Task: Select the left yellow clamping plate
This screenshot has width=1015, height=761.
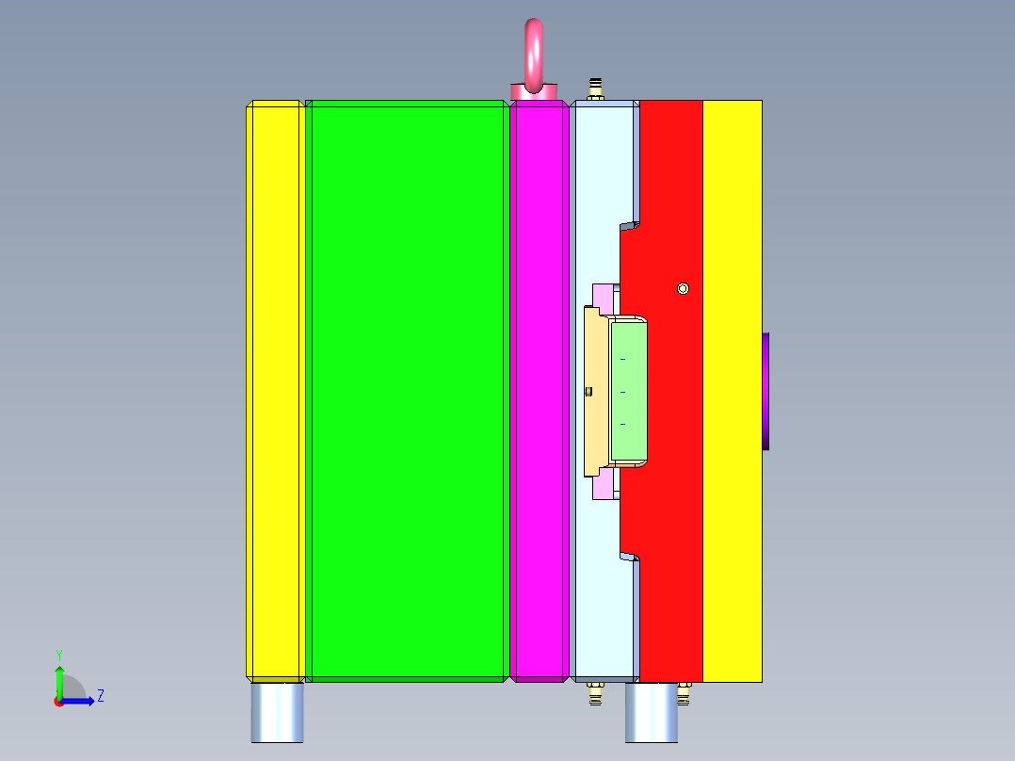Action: click(274, 391)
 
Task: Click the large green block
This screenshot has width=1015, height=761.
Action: click(407, 391)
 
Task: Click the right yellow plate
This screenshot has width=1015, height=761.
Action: click(733, 391)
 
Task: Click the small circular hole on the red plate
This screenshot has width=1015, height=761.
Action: click(684, 288)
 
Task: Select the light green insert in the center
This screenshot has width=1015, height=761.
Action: click(628, 391)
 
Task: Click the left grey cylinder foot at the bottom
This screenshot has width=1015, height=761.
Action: click(278, 712)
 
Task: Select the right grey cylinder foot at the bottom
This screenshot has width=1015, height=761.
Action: click(652, 712)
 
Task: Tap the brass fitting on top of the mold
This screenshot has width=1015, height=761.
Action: click(595, 89)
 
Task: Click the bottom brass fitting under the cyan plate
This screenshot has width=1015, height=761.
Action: click(594, 694)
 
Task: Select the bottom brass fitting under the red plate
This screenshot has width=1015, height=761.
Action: click(684, 694)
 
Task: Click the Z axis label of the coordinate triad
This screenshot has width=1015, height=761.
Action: click(101, 696)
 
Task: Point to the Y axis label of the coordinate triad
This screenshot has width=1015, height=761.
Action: click(58, 654)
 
